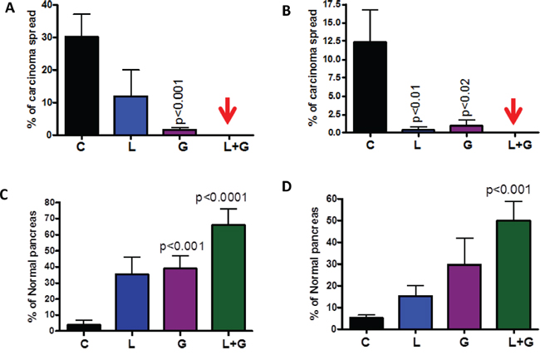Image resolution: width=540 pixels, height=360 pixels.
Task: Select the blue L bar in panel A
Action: coord(130,116)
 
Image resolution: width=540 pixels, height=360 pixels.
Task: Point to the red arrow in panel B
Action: coord(514,112)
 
